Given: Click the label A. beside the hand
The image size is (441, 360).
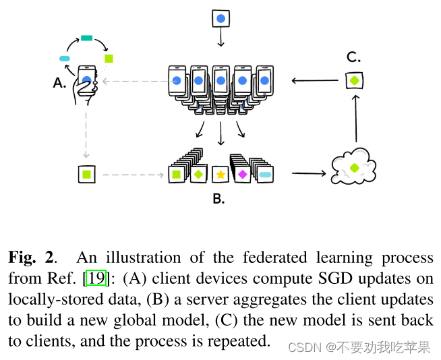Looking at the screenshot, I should point(60,83).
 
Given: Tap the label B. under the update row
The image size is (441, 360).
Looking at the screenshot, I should point(218,198).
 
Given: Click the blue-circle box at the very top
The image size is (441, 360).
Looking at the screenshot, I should point(220,18).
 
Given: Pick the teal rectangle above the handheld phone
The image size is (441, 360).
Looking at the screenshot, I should point(86,38).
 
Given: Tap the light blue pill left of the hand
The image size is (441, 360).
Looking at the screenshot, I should point(65,59).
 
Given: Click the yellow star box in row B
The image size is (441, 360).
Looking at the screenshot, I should point(220,175).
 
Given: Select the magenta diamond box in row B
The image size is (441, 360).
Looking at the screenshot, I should point(241,175).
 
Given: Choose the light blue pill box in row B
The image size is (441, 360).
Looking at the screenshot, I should point(265,175).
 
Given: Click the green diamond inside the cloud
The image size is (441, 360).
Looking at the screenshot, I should point(353,167).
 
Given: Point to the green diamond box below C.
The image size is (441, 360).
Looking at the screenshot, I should point(354,81).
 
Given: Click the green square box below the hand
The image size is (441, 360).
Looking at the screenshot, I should point(86,175).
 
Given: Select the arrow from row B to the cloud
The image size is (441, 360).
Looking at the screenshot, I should point(309,174).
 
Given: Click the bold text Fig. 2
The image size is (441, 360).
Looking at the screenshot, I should point(32,257).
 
